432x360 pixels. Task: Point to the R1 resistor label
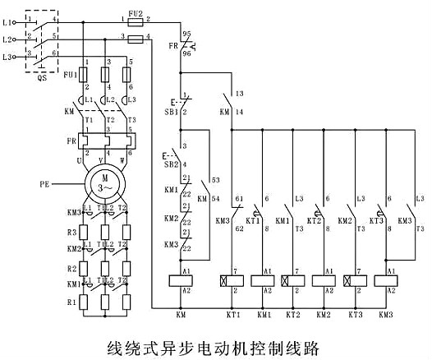point(71,301)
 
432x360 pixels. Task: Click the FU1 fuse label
point(71,75)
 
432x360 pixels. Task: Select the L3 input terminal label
point(8,57)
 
